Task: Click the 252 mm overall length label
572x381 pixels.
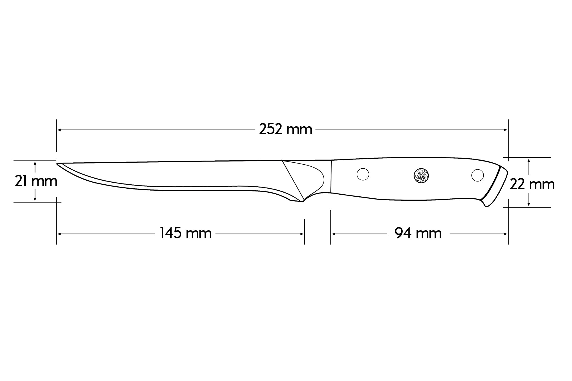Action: tap(285, 129)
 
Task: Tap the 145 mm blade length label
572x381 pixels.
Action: tap(186, 233)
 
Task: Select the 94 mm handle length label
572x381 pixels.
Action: tap(418, 233)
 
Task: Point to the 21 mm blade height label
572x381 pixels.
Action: tap(36, 181)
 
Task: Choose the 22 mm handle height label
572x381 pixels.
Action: tap(532, 184)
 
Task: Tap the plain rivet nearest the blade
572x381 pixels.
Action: tap(363, 174)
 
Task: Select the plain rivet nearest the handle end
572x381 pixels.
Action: tap(478, 175)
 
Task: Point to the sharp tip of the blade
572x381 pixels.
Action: tap(57, 163)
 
